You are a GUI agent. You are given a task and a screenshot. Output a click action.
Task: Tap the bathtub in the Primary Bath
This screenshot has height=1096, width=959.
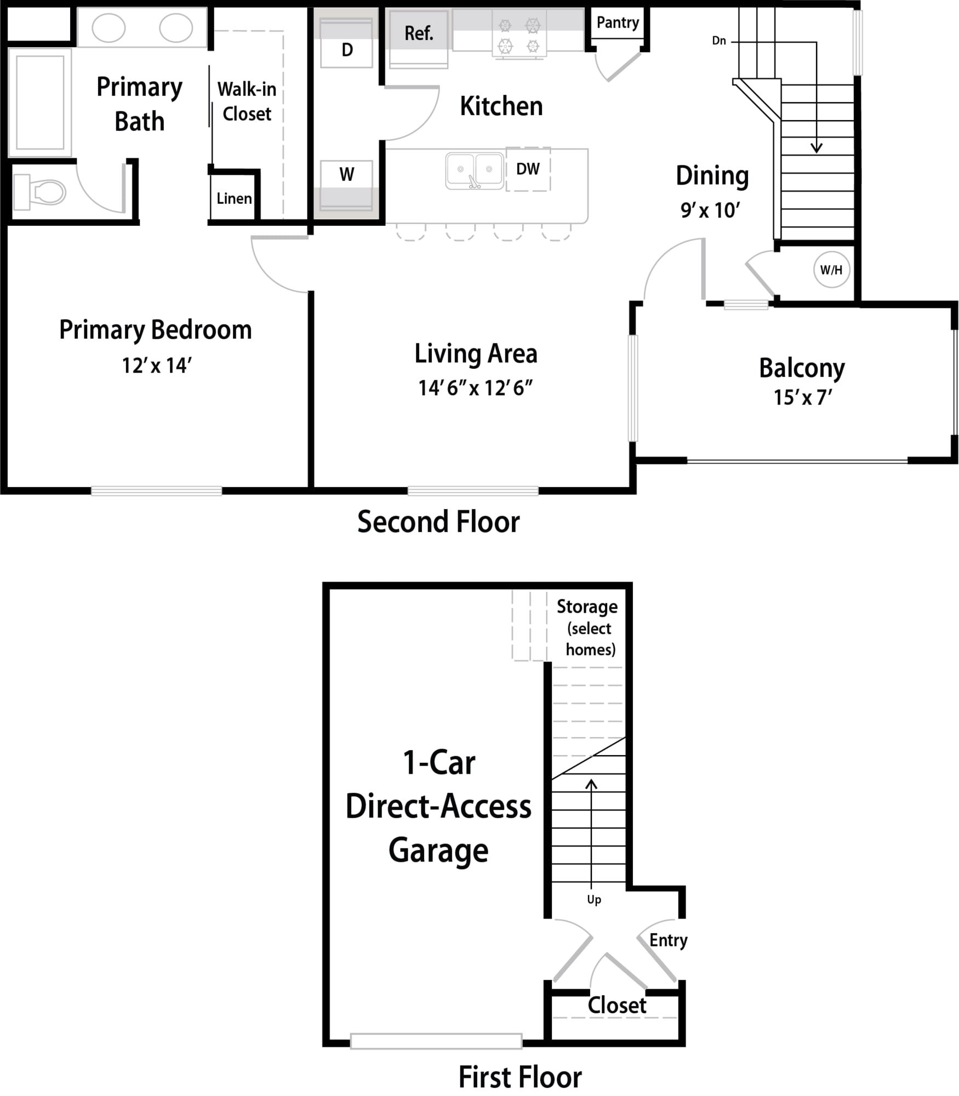coord(40,102)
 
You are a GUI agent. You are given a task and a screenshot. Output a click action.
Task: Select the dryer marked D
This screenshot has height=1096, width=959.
coord(346,43)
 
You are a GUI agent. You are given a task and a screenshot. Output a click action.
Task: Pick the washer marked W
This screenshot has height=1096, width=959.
coord(346,185)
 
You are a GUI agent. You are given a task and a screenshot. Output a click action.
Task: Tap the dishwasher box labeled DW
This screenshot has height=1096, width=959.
coord(528,169)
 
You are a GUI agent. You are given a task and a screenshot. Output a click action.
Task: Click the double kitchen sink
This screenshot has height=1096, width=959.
coord(475,171)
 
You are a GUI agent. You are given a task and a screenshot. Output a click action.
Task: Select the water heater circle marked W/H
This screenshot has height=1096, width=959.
coord(831,270)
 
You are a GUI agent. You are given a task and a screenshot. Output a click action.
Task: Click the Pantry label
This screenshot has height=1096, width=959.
coord(618,22)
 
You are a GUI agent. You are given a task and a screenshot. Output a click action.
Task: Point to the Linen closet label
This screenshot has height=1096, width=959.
coord(234,198)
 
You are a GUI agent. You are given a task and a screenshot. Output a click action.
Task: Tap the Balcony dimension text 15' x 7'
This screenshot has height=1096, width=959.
coord(802,397)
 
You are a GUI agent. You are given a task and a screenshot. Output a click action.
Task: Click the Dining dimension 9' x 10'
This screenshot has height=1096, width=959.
coord(710,210)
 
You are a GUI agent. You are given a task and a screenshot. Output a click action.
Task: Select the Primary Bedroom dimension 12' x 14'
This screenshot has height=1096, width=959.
coord(156,366)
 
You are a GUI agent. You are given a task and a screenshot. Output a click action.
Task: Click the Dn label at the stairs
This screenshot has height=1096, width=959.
coord(719,41)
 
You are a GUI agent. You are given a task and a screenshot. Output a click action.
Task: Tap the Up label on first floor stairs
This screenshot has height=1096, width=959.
coord(594,900)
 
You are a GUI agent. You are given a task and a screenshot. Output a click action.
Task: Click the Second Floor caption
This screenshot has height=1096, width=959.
coord(438,522)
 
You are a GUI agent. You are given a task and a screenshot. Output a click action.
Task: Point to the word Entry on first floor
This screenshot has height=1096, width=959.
coord(668,940)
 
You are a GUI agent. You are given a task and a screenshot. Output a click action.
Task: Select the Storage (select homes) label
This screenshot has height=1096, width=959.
coord(588,628)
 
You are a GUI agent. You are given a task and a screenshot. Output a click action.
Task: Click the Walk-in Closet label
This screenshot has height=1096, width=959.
coord(247,101)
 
